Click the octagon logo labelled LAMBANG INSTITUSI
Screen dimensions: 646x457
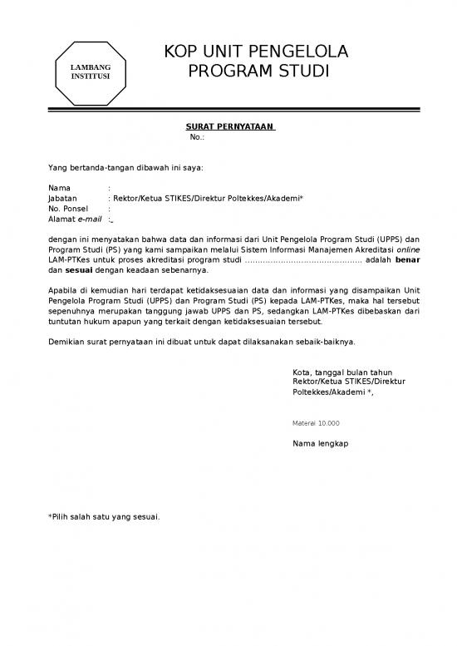pyautogui.click(x=89, y=72)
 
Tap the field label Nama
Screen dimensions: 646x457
pyautogui.click(x=59, y=189)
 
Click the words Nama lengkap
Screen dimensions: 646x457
pyautogui.click(x=321, y=444)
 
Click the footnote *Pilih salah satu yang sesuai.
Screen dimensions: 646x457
pyautogui.click(x=104, y=517)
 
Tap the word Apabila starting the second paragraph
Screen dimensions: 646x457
pyautogui.click(x=66, y=290)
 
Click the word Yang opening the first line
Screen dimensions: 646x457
pyautogui.click(x=57, y=167)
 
